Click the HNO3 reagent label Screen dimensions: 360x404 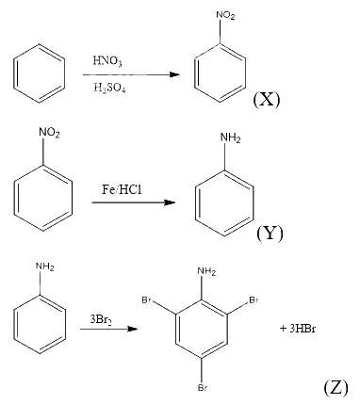(x=107, y=60)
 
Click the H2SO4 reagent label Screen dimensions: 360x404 (x=109, y=89)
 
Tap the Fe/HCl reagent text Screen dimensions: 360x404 (x=122, y=189)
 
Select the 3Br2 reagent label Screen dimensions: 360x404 (x=101, y=320)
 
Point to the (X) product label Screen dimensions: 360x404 (x=267, y=100)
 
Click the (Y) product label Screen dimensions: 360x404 (x=270, y=234)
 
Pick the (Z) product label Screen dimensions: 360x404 (x=335, y=387)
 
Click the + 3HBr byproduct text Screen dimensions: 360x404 (x=298, y=329)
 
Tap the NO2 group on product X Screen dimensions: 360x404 (x=225, y=15)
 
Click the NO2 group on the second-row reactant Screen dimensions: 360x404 (x=49, y=133)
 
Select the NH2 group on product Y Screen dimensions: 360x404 (x=231, y=137)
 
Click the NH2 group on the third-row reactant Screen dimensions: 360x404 (x=45, y=267)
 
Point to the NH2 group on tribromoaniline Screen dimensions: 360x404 (x=206, y=271)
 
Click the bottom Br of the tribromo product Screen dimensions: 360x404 (x=202, y=388)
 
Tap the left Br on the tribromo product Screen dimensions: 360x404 (x=147, y=300)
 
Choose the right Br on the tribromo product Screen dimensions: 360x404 (x=254, y=300)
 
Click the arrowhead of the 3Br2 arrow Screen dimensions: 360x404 (x=133, y=329)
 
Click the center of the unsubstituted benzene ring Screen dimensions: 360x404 (x=40, y=73)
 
